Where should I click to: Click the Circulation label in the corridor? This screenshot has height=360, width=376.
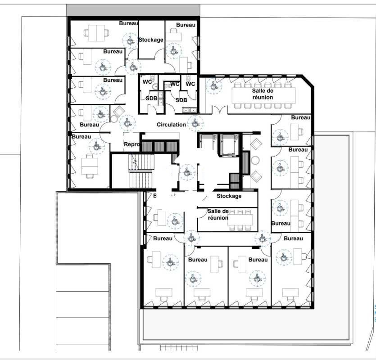tap(171, 125)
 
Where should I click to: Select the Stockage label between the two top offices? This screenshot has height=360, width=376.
tap(151, 40)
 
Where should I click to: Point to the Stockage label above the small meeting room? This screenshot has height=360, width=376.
tap(229, 196)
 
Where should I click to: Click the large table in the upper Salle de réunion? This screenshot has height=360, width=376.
tap(263, 95)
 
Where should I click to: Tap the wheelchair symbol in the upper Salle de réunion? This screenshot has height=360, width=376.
tap(212, 85)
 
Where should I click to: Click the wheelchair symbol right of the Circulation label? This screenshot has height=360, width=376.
tap(195, 122)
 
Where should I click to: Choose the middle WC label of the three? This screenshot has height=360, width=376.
tap(175, 84)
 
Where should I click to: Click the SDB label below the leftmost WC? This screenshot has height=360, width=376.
tap(151, 98)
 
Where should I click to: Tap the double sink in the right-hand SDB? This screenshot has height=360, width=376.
tap(187, 109)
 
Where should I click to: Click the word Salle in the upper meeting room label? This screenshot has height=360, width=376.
tap(260, 90)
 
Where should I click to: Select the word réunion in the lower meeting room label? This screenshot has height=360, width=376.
tap(217, 218)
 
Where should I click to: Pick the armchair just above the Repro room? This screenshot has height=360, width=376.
tap(119, 111)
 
